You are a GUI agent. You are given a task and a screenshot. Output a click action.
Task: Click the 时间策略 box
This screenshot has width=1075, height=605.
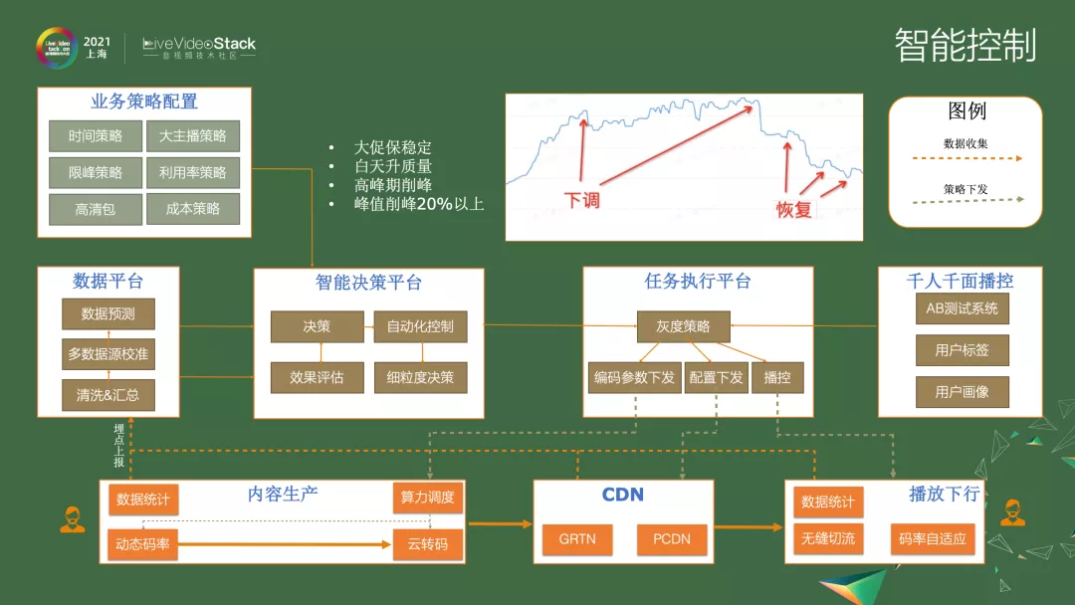[96, 136]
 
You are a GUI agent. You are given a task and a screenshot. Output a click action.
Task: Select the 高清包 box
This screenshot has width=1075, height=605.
[96, 209]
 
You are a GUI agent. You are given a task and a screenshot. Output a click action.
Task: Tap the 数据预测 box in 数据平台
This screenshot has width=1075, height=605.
[108, 313]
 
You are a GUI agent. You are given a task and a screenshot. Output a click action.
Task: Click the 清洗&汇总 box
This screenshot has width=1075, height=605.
[108, 394]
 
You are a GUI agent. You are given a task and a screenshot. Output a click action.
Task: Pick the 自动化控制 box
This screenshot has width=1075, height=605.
[420, 326]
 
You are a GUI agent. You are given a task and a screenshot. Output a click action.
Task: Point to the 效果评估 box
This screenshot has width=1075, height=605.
[317, 377]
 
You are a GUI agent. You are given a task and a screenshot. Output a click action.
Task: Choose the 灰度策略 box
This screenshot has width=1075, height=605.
[683, 326]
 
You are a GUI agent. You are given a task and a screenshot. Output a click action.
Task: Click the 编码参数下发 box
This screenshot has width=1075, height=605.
[634, 378]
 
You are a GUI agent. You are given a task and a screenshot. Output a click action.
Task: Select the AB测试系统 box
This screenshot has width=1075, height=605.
[962, 308]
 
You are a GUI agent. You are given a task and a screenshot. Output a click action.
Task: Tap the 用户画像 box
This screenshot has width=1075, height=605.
[962, 392]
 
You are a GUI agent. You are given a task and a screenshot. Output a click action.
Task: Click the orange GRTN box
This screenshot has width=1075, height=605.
[577, 540]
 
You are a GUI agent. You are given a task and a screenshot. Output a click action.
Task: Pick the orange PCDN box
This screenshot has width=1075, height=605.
[672, 540]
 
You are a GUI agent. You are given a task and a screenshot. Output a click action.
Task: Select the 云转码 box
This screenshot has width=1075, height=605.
[428, 544]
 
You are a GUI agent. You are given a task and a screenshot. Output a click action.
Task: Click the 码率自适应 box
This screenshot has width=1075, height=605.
[932, 539]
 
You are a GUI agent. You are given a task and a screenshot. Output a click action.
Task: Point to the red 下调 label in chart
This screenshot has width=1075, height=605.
[581, 200]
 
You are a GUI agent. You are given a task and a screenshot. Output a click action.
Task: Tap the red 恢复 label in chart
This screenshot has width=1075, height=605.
[794, 210]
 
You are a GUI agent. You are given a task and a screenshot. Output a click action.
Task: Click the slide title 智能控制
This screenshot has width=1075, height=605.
[965, 46]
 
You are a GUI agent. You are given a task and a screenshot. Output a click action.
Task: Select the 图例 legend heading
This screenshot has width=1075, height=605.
[967, 110]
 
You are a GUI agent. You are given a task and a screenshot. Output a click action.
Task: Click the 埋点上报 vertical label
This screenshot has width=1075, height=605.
[118, 445]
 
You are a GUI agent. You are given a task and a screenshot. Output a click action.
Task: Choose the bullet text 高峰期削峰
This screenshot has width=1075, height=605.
[393, 185]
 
